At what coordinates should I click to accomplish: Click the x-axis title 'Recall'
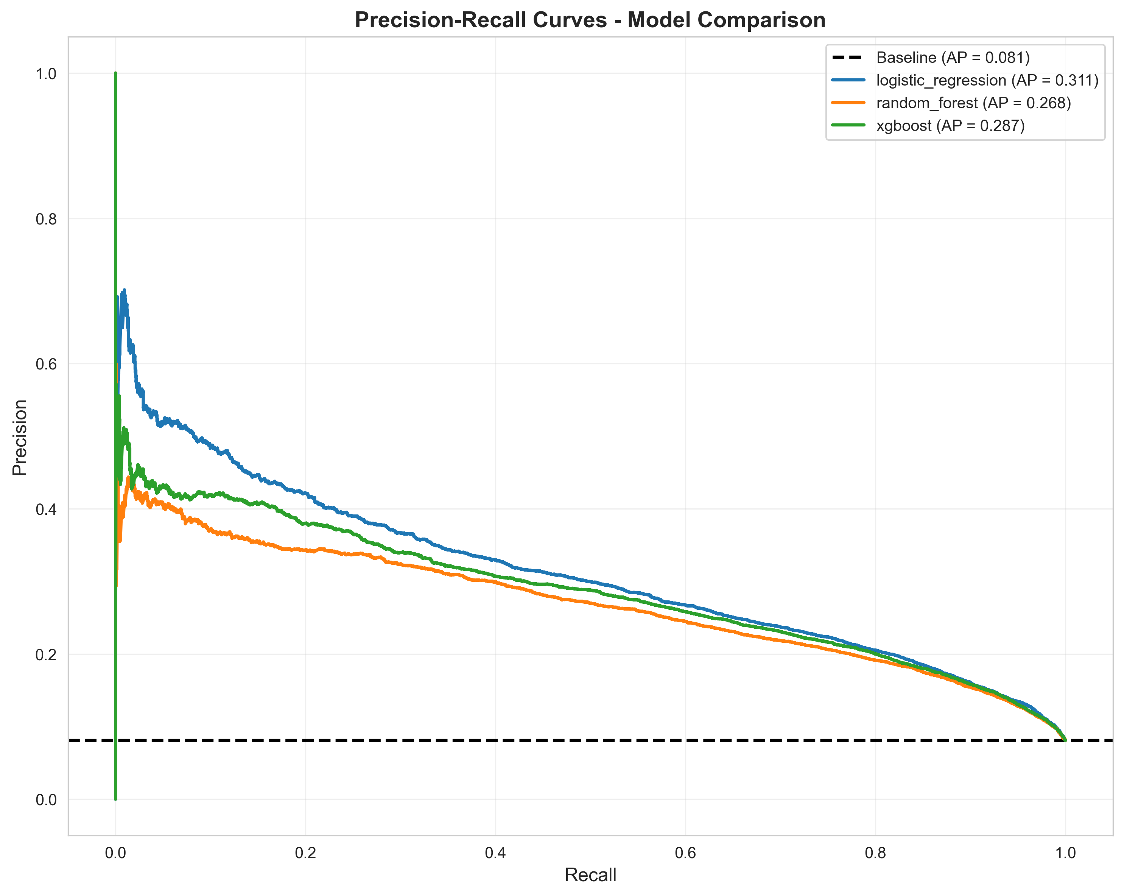click(590, 875)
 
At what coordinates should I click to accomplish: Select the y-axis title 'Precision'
click(20, 438)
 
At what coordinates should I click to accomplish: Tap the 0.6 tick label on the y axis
click(46, 364)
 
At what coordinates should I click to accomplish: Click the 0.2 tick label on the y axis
click(46, 654)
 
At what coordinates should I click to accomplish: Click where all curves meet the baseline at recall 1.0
click(1065, 740)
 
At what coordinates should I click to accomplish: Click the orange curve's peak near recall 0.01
click(128, 478)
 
